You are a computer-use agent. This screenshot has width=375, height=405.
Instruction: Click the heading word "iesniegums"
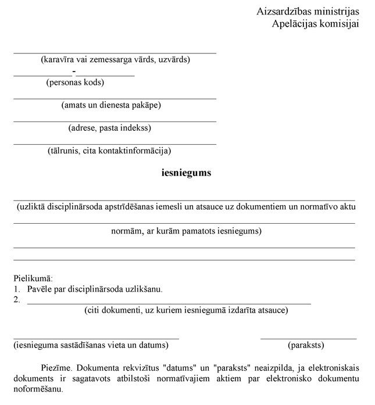[x=186, y=173]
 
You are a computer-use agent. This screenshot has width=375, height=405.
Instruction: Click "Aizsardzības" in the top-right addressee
[x=283, y=12]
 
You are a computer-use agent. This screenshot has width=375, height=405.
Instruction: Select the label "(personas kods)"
[x=75, y=82]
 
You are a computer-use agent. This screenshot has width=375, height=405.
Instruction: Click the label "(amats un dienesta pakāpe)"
[x=111, y=105]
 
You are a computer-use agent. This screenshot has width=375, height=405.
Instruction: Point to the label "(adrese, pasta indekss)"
[x=110, y=128]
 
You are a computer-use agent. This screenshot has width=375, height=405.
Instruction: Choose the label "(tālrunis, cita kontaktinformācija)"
[x=109, y=151]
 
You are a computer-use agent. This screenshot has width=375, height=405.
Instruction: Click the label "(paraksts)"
[x=306, y=345]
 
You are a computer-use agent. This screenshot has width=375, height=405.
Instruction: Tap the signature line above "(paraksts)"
[x=308, y=338]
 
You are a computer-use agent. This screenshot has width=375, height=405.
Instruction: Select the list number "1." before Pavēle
[x=17, y=289]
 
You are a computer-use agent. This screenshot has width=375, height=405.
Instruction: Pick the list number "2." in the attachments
[x=17, y=300]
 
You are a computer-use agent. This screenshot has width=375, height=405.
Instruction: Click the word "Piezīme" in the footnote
[x=56, y=368]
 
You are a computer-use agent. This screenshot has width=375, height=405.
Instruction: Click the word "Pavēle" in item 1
[x=40, y=289]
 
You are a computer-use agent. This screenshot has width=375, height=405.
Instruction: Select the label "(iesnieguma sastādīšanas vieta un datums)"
[x=91, y=345]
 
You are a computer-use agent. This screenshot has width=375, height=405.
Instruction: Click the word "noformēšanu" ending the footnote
[x=38, y=389]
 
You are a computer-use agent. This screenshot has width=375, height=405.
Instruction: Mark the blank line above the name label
[x=115, y=52]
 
